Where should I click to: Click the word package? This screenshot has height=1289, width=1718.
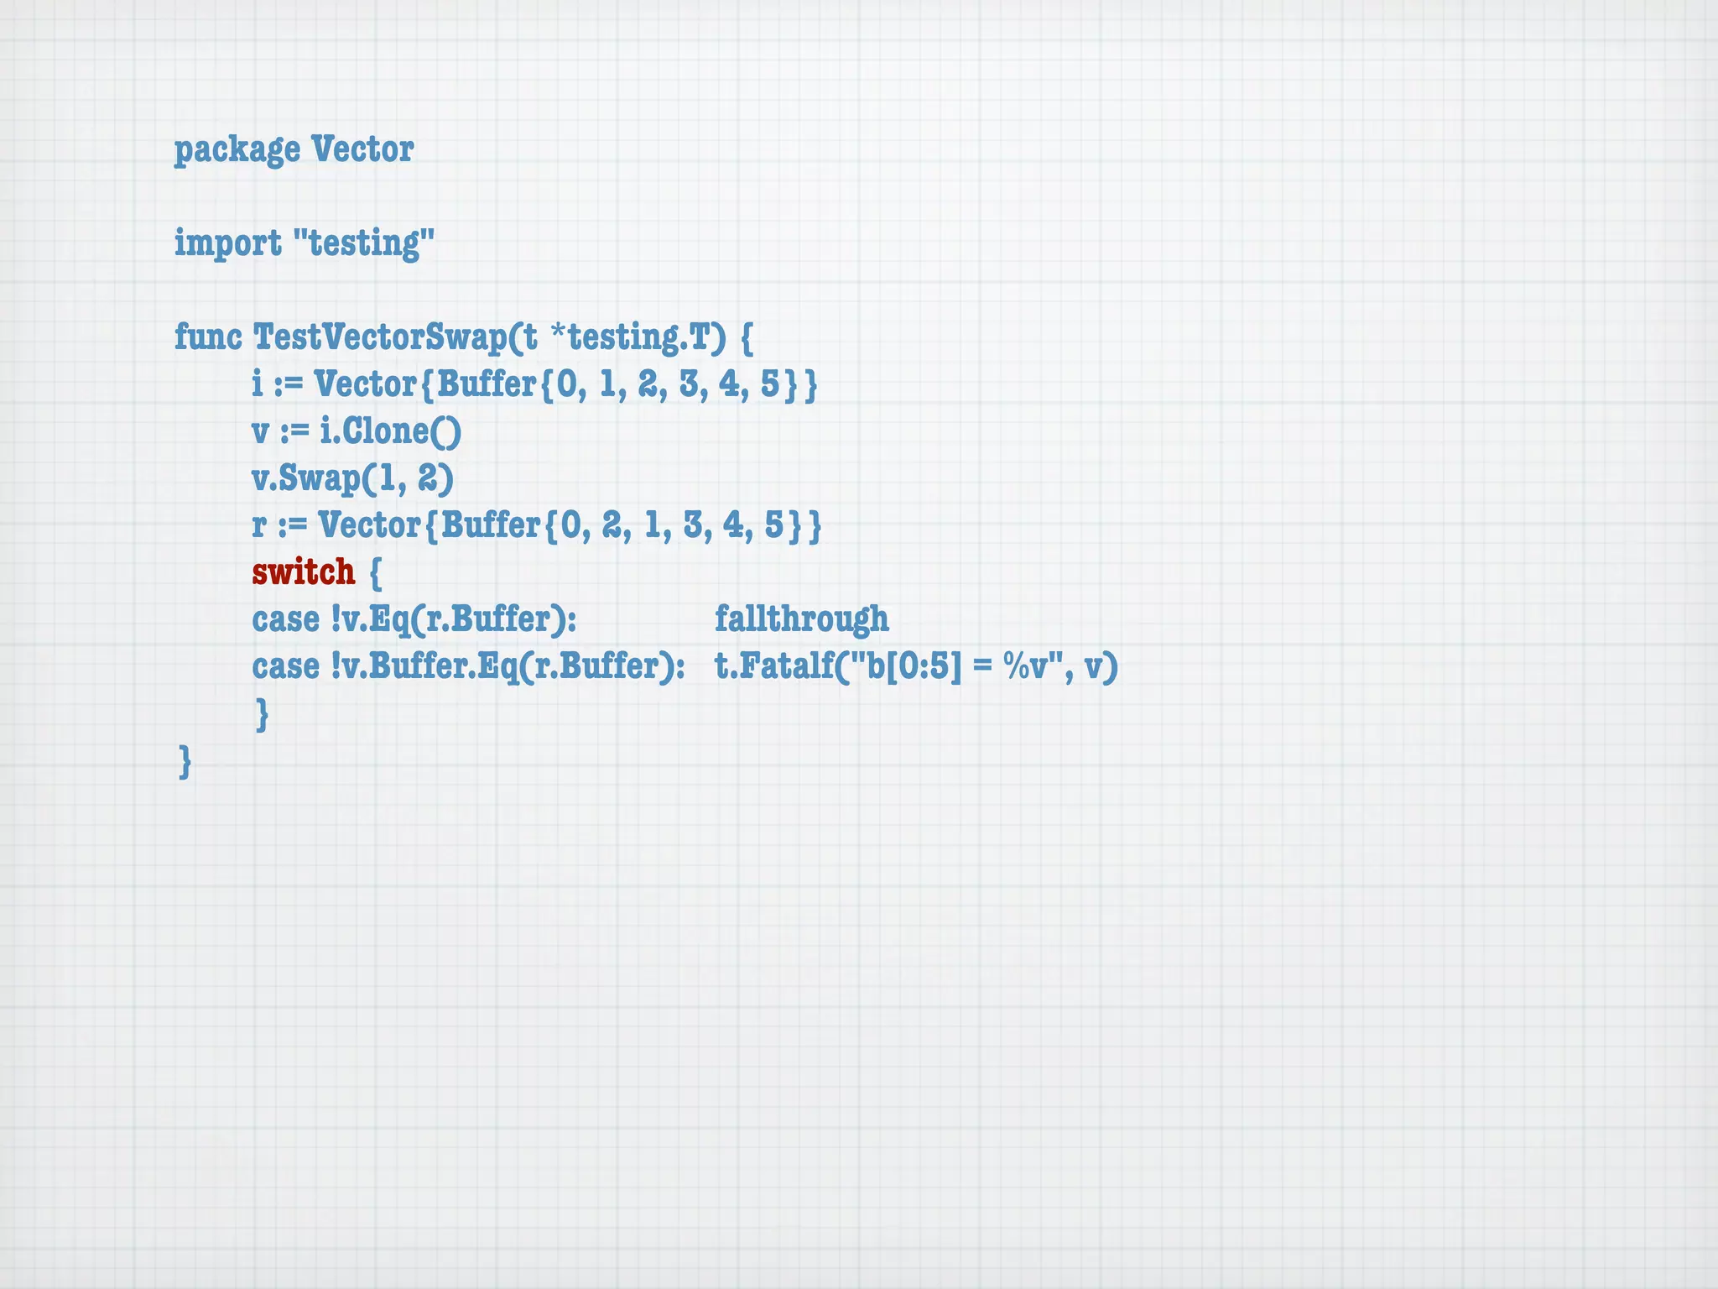pyautogui.click(x=237, y=150)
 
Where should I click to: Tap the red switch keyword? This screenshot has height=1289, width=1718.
pyautogui.click(x=304, y=572)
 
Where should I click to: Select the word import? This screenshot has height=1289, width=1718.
pyautogui.click(x=227, y=243)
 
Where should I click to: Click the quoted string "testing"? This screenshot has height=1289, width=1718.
pyautogui.click(x=364, y=243)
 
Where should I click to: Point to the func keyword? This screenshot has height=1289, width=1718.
pyautogui.click(x=207, y=337)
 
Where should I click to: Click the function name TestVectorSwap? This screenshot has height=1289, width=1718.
pyautogui.click(x=379, y=337)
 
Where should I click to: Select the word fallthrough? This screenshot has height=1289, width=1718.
pyautogui.click(x=801, y=619)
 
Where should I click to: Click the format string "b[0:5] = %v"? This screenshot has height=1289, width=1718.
pyautogui.click(x=956, y=666)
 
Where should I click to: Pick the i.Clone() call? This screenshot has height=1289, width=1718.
pyautogui.click(x=390, y=431)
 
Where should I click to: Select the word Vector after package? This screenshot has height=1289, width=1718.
pyautogui.click(x=362, y=150)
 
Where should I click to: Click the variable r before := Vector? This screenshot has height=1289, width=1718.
pyautogui.click(x=259, y=525)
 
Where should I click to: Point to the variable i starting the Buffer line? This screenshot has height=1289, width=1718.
pyautogui.click(x=258, y=384)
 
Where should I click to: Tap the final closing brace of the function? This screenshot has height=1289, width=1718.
pyautogui.click(x=185, y=762)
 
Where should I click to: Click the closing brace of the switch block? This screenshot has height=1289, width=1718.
pyautogui.click(x=262, y=714)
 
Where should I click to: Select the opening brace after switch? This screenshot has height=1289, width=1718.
pyautogui.click(x=375, y=572)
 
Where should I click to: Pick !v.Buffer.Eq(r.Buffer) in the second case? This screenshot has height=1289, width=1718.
pyautogui.click(x=508, y=666)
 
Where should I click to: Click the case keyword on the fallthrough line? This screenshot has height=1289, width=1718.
pyautogui.click(x=285, y=619)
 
